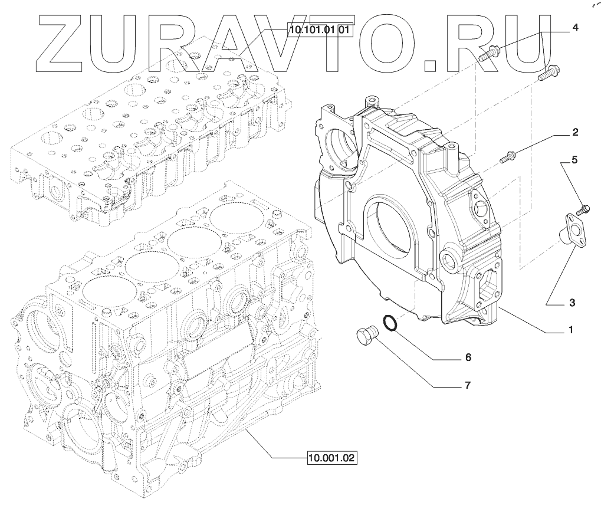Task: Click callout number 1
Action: tap(571, 330)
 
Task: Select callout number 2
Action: tap(575, 132)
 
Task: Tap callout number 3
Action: tap(572, 303)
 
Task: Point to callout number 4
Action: tap(575, 28)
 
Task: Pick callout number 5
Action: tap(574, 159)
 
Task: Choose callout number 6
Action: tap(468, 357)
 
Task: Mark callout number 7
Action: tap(468, 385)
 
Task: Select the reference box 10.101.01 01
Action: tap(319, 29)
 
